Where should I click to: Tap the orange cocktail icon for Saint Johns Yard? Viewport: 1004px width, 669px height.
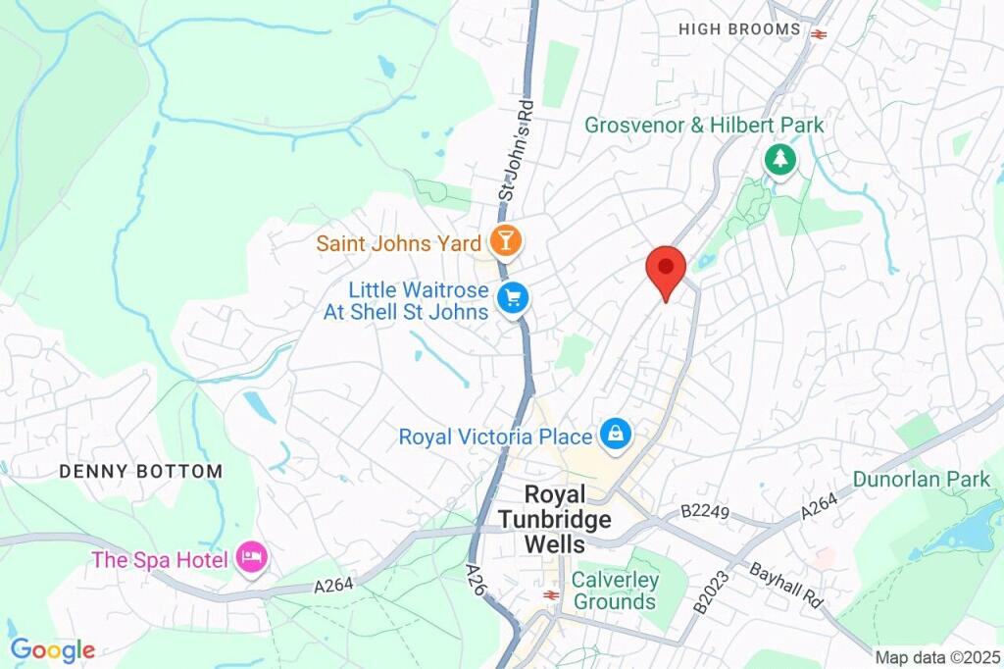click(x=506, y=240)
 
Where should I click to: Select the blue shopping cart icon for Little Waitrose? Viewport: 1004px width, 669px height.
click(x=512, y=299)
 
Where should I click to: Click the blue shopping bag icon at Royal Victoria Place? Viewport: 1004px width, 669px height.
click(x=616, y=434)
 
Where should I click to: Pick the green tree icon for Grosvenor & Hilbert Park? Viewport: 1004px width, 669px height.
click(x=779, y=160)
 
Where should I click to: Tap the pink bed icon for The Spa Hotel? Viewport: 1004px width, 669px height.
click(x=253, y=559)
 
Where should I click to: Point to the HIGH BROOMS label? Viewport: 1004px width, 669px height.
click(x=739, y=29)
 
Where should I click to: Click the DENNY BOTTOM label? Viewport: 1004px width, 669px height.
click(x=141, y=472)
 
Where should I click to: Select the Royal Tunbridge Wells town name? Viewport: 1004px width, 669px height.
click(x=568, y=520)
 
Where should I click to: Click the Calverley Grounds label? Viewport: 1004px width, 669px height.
click(x=615, y=591)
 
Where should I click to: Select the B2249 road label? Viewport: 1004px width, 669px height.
click(x=705, y=511)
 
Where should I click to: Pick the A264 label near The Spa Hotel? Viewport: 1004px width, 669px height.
click(x=334, y=585)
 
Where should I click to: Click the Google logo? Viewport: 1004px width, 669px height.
click(x=52, y=649)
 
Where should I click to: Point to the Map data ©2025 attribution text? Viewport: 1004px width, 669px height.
click(x=935, y=656)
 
